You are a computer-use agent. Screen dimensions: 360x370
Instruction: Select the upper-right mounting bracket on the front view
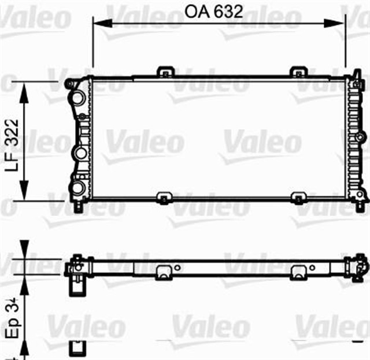297,72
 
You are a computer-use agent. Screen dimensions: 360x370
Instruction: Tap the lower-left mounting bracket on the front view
165,199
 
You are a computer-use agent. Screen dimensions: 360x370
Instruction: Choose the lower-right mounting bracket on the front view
297,199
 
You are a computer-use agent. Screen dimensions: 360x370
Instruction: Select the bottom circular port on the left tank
77,187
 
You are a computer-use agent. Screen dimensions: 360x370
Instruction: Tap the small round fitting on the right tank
362,138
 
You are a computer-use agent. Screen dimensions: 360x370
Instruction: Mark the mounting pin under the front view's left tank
78,205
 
